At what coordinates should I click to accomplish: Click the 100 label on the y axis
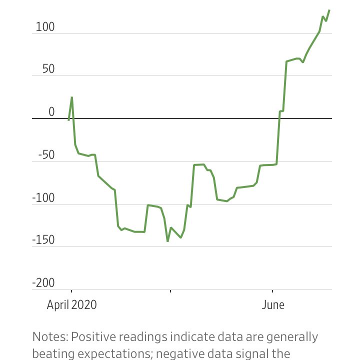click(45, 27)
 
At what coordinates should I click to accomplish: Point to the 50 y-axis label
click(48, 69)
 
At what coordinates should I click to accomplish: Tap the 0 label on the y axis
click(51, 112)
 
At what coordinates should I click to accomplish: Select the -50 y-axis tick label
click(46, 154)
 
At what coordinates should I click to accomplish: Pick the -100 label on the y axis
click(43, 197)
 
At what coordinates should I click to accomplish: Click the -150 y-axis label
click(43, 240)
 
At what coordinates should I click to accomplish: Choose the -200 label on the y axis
click(43, 283)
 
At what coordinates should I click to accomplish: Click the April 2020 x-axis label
click(72, 305)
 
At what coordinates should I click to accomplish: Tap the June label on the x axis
click(273, 305)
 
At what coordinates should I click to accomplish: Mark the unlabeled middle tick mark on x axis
click(170, 291)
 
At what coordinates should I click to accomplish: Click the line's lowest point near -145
click(167, 241)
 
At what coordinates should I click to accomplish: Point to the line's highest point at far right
click(329, 10)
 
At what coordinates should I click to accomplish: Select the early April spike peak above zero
click(72, 97)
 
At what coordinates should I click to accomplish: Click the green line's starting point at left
click(68, 120)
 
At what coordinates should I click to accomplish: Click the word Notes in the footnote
click(50, 337)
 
